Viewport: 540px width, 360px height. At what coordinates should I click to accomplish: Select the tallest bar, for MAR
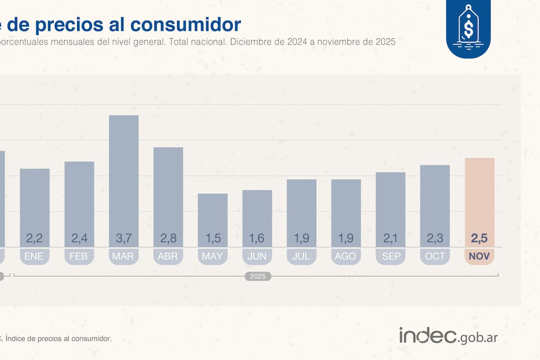[123, 180]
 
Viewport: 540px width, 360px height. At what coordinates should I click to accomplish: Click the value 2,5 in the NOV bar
[479, 238]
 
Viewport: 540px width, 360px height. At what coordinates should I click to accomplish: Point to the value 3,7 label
[123, 238]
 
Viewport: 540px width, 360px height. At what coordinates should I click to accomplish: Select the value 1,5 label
[212, 238]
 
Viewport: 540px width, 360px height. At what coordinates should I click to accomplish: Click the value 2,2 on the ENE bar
[35, 238]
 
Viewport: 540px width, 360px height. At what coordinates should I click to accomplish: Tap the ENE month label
[35, 256]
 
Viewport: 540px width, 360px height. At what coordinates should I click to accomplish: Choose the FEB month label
[79, 256]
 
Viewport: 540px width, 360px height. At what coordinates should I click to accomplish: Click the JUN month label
[257, 256]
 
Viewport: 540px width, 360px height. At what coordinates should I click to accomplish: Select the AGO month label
[346, 256]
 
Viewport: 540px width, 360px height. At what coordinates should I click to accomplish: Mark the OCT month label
[435, 256]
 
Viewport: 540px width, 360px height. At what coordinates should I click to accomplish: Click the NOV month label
[479, 256]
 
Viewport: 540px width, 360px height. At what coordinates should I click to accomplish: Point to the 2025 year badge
[258, 276]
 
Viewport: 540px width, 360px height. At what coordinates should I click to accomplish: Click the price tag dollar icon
[468, 28]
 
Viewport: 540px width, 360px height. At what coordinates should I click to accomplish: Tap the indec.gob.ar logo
[448, 336]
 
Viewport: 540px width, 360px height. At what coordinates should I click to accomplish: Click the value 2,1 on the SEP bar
[390, 238]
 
